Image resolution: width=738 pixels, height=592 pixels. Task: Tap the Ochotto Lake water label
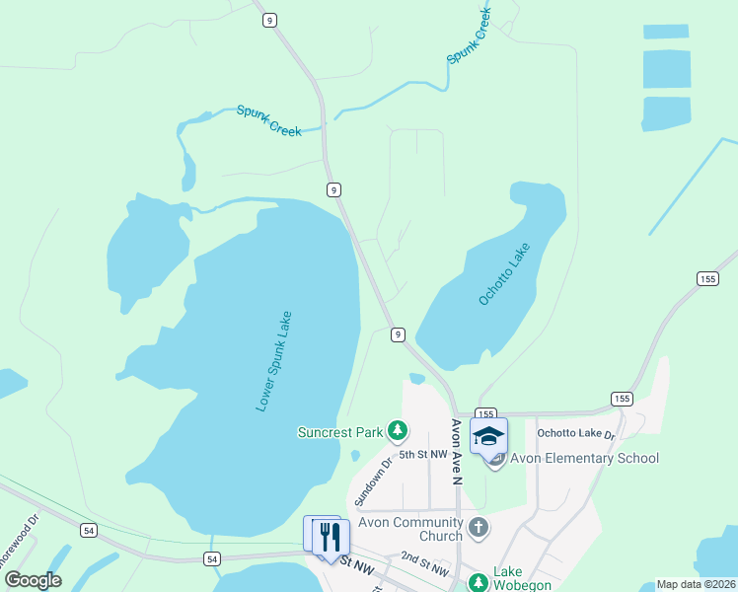504,273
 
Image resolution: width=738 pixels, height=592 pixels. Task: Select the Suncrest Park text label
339,432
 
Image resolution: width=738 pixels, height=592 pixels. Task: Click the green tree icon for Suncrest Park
397,430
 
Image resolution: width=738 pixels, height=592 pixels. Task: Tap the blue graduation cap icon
488,436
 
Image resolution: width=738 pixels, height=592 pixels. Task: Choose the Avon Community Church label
411,529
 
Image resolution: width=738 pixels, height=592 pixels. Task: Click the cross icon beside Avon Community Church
479,527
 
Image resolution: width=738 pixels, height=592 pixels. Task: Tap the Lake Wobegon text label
508,578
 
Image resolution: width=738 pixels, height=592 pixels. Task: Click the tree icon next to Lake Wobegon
479,583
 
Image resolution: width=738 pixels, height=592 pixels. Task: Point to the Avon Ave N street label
457,452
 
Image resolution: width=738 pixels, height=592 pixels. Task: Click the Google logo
34,580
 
